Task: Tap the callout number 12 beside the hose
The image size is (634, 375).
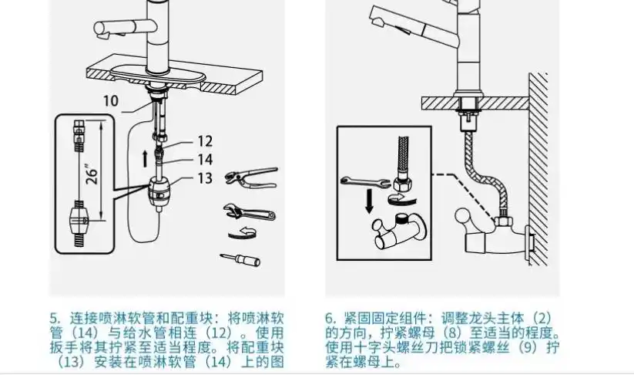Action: pos(204,141)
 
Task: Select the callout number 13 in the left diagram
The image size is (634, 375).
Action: pos(204,179)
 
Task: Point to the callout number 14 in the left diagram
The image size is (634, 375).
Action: pos(204,160)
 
